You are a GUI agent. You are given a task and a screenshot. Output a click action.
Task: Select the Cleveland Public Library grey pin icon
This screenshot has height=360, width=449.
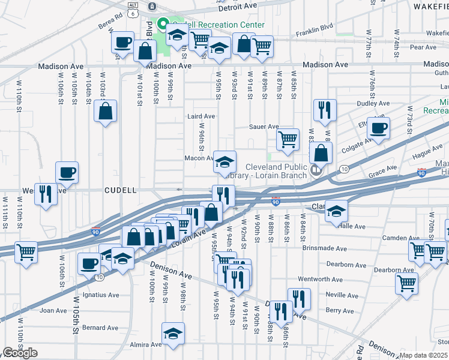click(x=316, y=171)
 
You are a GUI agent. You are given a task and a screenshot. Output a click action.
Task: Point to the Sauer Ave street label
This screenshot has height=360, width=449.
click(x=265, y=127)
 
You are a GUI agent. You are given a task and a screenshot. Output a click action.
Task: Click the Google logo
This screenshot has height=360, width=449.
click(x=20, y=353)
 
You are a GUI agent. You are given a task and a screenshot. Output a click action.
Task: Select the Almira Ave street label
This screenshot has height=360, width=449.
click(x=148, y=344)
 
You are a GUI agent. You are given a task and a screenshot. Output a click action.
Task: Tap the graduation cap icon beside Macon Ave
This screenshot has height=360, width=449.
click(x=224, y=161)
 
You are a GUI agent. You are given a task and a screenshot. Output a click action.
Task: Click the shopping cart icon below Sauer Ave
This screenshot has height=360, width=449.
click(x=288, y=139)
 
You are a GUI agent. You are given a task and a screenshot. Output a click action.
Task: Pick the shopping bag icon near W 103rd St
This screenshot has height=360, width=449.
click(x=105, y=111)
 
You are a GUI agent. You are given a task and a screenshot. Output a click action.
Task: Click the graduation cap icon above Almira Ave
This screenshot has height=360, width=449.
click(x=173, y=333)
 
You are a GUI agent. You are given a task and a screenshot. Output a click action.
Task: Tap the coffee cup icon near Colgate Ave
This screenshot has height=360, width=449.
click(x=378, y=127)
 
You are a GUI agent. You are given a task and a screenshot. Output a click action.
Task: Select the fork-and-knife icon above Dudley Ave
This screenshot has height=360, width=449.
click(x=324, y=110)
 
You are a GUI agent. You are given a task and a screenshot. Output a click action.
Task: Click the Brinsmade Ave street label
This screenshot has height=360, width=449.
click(x=346, y=248)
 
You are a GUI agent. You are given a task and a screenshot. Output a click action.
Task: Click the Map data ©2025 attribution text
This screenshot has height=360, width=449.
click(x=423, y=355)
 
